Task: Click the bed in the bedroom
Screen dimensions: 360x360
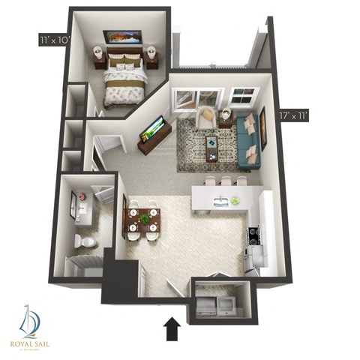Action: (124, 80)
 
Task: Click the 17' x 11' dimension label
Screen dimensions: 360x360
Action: (295, 116)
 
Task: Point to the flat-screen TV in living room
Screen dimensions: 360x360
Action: (152, 130)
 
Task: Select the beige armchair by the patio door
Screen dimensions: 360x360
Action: (205, 116)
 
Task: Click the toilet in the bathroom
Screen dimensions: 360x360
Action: (85, 240)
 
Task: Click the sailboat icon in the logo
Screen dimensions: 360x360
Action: (28, 320)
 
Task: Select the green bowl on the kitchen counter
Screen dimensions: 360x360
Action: (235, 200)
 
